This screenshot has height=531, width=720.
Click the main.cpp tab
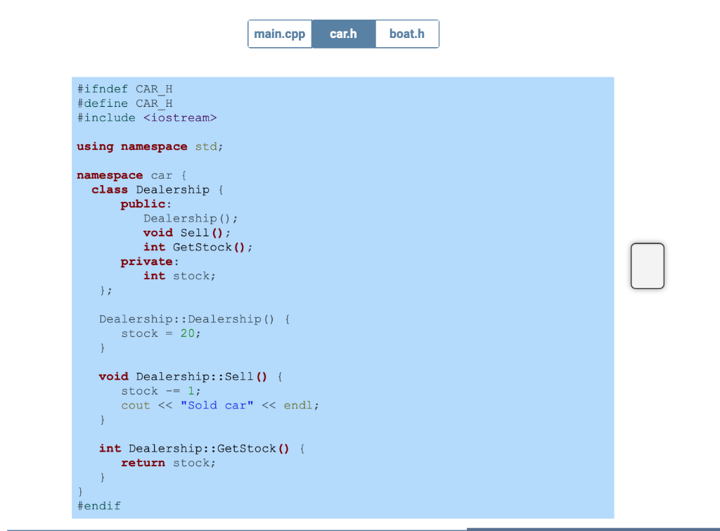click(x=280, y=34)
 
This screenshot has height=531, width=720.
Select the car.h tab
click(x=343, y=34)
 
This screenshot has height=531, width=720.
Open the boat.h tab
click(x=407, y=34)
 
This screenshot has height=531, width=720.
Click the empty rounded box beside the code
click(x=647, y=266)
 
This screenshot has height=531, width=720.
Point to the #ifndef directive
click(x=102, y=89)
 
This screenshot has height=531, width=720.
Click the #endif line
click(x=98, y=506)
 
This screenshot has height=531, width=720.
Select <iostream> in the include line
click(x=180, y=117)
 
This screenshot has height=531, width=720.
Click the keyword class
click(x=110, y=190)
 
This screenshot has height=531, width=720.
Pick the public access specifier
click(x=143, y=204)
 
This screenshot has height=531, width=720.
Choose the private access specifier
click(x=146, y=262)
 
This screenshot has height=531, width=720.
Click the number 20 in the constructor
click(x=187, y=333)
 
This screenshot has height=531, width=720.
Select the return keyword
click(x=143, y=463)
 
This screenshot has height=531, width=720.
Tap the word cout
click(x=136, y=405)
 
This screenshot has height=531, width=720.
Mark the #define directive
click(x=102, y=103)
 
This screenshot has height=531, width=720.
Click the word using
click(x=95, y=146)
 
